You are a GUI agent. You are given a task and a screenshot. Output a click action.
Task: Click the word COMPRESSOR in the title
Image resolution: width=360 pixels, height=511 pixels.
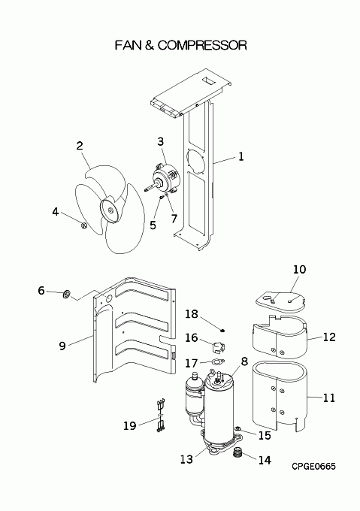point(202,45)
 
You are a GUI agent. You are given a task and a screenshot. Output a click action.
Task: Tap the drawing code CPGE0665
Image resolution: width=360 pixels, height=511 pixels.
point(313,467)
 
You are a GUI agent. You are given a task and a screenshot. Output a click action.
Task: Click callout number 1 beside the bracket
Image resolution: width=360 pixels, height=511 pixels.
point(241,157)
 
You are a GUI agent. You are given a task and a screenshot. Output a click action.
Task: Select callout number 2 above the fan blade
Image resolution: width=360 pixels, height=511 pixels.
point(80,146)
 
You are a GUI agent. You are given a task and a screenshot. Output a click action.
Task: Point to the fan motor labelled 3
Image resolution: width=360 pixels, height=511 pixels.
point(166,177)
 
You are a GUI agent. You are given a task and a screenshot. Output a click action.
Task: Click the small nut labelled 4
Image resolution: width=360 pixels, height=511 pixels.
point(83,225)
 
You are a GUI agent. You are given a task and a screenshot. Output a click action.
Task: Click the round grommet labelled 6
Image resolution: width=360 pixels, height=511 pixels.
point(66,295)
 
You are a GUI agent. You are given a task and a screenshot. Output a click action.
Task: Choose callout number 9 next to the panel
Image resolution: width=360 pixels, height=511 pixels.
point(62,346)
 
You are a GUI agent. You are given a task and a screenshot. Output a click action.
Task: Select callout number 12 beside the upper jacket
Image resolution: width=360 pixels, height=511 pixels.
point(329,337)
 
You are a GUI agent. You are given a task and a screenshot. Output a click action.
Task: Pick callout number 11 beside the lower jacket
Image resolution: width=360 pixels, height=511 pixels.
point(328,398)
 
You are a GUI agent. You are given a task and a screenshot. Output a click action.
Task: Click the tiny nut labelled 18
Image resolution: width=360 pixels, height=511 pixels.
point(222,331)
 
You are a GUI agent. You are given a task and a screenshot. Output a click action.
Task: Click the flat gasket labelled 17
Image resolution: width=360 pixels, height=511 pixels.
point(216,361)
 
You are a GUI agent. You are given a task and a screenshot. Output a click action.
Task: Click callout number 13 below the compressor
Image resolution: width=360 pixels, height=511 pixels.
point(186,459)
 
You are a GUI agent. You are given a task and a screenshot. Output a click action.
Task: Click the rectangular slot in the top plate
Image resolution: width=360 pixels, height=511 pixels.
point(208,81)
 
